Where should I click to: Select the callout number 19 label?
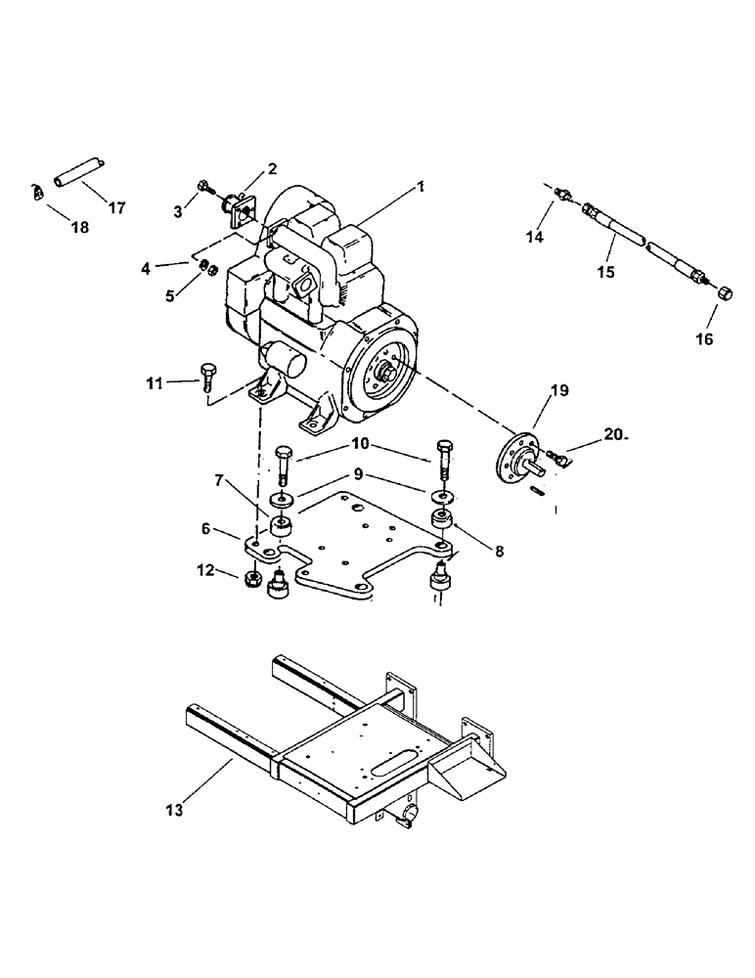click(x=558, y=391)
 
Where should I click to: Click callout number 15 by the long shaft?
click(x=605, y=271)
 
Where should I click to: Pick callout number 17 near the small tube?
click(x=117, y=207)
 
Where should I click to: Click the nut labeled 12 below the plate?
click(x=250, y=580)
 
